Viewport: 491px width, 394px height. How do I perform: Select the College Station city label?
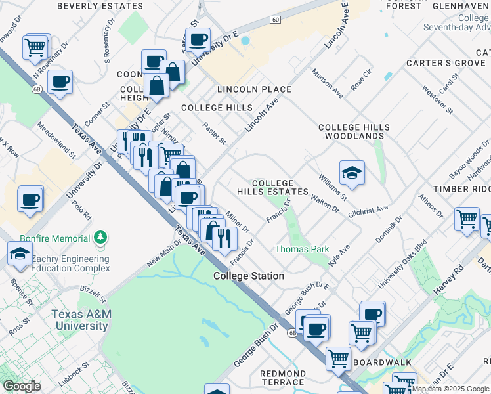[249, 276]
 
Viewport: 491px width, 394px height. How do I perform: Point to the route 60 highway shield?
[276, 20]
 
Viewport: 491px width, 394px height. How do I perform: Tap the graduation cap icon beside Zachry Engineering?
[20, 253]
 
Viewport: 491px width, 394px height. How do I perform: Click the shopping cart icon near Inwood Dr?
[35, 47]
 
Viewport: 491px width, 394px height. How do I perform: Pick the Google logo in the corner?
[22, 386]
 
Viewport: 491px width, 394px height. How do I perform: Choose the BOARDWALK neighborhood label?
[383, 362]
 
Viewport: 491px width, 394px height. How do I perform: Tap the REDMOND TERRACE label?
[282, 378]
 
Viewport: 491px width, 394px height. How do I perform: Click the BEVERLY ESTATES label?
[100, 6]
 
